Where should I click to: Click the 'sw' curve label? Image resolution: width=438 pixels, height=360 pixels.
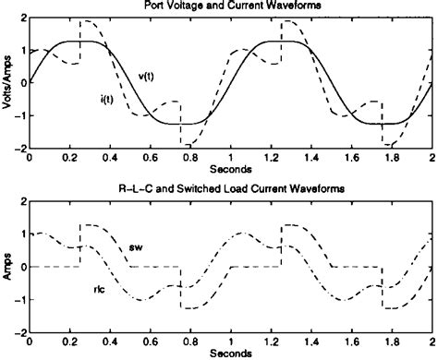136,247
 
